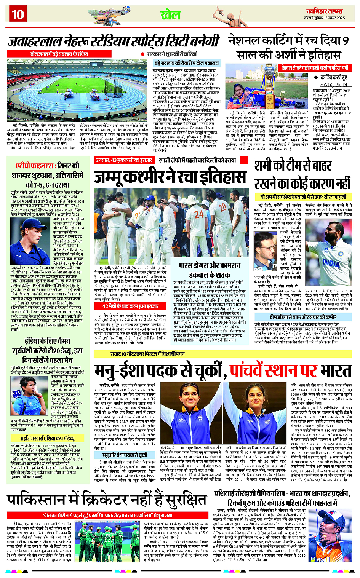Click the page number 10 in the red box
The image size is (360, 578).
(x=18, y=14)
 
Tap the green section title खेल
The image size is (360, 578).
(x=170, y=15)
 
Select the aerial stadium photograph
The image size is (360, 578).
(x=78, y=90)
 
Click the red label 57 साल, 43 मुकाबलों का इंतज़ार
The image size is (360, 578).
(x=124, y=160)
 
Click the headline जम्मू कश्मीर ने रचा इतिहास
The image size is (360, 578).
(x=170, y=177)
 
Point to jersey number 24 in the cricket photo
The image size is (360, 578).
(x=199, y=214)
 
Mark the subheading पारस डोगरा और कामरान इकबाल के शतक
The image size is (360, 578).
(x=210, y=270)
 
